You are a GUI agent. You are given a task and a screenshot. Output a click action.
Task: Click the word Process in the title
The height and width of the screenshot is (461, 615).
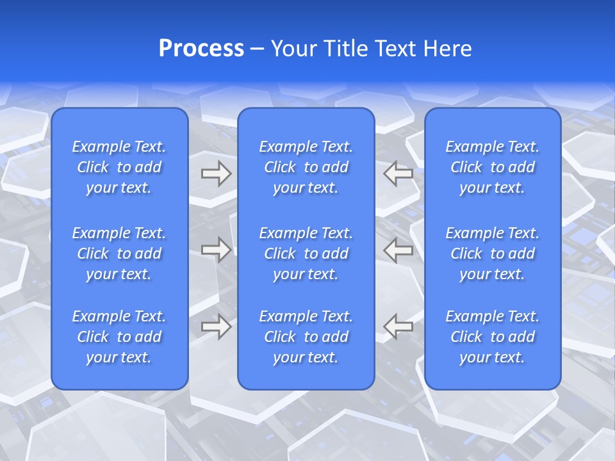coord(201,49)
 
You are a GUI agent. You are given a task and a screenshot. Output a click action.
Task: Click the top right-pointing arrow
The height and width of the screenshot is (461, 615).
coord(216,173)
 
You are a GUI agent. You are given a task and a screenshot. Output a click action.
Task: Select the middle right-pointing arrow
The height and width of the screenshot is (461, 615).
coord(216,250)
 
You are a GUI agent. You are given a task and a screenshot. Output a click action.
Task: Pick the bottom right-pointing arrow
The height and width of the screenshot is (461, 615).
coord(216,327)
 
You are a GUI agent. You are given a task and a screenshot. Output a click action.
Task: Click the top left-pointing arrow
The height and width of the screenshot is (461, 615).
coord(398,173)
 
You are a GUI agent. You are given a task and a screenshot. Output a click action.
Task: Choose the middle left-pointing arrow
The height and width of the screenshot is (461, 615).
coord(398,250)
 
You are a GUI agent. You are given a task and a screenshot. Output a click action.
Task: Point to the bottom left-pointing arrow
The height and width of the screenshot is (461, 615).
coord(398,327)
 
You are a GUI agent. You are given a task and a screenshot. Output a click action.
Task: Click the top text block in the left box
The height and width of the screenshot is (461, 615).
coord(119,167)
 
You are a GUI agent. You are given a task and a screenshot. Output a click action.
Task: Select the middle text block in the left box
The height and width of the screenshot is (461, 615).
coord(119,254)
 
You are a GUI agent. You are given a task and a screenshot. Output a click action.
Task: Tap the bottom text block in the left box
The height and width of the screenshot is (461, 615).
coord(119,337)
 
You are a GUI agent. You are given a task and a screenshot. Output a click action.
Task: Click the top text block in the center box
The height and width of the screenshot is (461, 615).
coord(306,167)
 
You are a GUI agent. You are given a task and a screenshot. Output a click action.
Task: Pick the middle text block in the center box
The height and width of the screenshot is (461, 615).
coord(306,254)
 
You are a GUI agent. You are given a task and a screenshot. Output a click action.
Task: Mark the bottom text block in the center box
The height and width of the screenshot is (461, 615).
coord(306,337)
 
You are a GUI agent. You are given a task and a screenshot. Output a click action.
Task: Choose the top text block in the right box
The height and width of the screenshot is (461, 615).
coord(493,167)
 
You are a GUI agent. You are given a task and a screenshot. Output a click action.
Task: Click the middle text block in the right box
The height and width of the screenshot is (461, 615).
coord(493,254)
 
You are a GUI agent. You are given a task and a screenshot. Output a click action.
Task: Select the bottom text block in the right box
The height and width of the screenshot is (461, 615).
coord(493,337)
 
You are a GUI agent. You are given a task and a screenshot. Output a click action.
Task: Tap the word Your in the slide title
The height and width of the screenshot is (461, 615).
coord(293,49)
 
